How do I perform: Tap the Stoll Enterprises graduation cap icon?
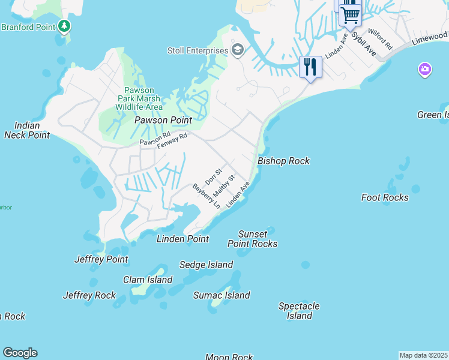238,50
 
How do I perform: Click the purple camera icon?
424,70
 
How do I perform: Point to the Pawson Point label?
163,120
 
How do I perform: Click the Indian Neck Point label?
27,130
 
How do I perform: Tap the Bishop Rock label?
283,161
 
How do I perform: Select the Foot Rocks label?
385,197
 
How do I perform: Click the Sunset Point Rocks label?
252,239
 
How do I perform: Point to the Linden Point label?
182,239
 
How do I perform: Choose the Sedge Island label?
206,265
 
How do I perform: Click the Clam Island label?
148,280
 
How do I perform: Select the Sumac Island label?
221,295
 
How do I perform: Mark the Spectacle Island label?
299,311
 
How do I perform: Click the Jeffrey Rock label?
89,295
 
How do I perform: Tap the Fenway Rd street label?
172,141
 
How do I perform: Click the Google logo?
20,353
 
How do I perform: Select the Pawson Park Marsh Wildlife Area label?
139,98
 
